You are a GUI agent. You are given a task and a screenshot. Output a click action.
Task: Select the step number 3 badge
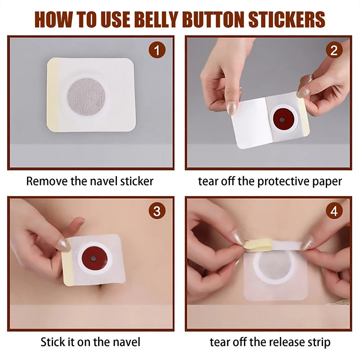(157, 211)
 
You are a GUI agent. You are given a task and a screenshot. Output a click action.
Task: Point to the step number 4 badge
(333, 211)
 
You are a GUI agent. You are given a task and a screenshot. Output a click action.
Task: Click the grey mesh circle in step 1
(86, 95)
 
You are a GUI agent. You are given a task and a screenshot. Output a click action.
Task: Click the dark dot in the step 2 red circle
(282, 121)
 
